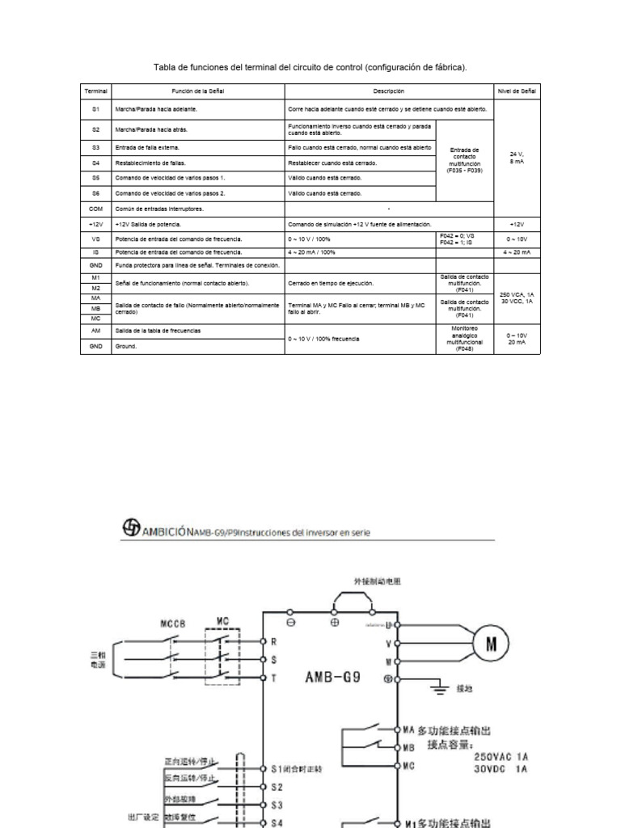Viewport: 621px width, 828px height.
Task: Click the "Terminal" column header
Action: pos(96,92)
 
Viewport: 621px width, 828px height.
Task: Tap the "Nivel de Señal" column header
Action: pos(517,92)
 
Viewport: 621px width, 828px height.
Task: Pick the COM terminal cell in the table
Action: pos(96,209)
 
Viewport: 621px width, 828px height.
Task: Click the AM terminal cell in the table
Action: pos(96,332)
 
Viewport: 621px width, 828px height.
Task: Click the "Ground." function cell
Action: pos(126,347)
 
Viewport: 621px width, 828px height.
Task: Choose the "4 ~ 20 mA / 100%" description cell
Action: pos(311,253)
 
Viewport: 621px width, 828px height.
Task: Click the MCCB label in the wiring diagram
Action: pos(174,624)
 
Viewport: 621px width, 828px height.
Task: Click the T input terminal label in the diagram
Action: pos(274,679)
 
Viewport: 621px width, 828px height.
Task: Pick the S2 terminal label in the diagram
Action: pos(277,787)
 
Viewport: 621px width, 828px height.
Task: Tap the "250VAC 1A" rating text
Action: pos(501,758)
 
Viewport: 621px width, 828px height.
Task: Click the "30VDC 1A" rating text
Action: pos(501,770)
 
